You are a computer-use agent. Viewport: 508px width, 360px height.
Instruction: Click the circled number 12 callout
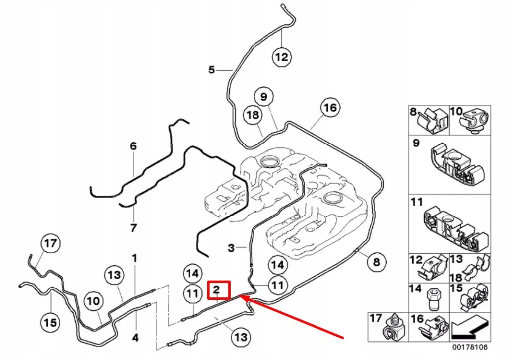[281, 57]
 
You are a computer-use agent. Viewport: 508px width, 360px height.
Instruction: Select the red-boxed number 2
[218, 290]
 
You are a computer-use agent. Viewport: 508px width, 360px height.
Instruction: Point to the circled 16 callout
[329, 107]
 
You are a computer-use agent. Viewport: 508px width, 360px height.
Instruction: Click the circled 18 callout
[253, 115]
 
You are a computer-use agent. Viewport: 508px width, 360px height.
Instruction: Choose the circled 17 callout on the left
[50, 244]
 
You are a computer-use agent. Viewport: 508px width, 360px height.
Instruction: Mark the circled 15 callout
[50, 322]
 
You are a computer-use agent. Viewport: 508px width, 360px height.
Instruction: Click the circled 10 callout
[94, 301]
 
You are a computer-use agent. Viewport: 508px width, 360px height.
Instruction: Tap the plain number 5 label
[212, 70]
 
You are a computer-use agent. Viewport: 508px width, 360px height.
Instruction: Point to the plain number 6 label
[133, 146]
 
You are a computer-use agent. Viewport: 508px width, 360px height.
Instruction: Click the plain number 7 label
[133, 228]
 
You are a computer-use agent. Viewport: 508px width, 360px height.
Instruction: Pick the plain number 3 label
[231, 248]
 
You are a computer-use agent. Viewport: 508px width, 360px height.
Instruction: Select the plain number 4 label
[135, 338]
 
